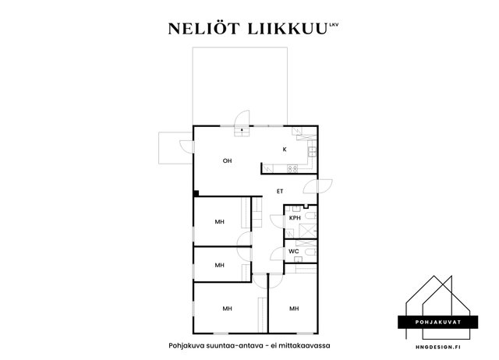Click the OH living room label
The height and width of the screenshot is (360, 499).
pyautogui.click(x=227, y=161)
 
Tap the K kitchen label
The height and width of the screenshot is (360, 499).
pyautogui.click(x=285, y=149)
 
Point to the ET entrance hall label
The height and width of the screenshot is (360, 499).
pyautogui.click(x=280, y=191)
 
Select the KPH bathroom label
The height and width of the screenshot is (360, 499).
pyautogui.click(x=295, y=218)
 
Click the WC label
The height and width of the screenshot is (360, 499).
pyautogui.click(x=294, y=251)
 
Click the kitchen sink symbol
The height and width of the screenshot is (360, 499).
pyautogui.click(x=312, y=151)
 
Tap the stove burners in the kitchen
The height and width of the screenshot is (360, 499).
pyautogui.click(x=292, y=169)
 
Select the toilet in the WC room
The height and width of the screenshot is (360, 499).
pyautogui.click(x=310, y=252)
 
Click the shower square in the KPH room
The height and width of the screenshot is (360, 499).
pyautogui.click(x=309, y=230)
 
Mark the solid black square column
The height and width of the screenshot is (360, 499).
pyautogui.click(x=196, y=193)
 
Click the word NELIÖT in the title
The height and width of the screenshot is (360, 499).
pyautogui.click(x=203, y=29)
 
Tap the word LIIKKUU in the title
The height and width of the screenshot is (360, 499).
pyautogui.click(x=288, y=29)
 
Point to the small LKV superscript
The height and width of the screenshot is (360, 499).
pyautogui.click(x=334, y=23)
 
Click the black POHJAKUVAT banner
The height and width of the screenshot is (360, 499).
pyautogui.click(x=438, y=322)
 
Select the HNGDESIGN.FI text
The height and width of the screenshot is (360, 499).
pyautogui.click(x=438, y=347)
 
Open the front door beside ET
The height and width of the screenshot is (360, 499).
pyautogui.click(x=318, y=186)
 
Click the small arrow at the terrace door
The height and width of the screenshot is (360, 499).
pyautogui.click(x=242, y=130)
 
